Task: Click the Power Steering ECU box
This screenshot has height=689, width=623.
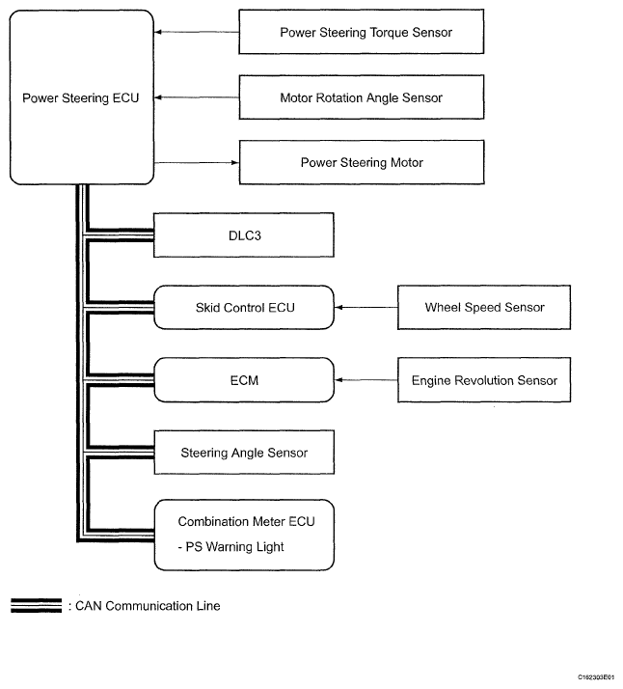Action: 82,97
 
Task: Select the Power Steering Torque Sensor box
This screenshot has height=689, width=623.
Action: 362,32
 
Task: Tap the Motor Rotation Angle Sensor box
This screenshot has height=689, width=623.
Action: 362,97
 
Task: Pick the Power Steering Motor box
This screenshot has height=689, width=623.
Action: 362,162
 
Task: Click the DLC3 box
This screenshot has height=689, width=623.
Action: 244,235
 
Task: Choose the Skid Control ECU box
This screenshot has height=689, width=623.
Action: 244,307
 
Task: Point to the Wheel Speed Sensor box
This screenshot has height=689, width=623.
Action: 484,307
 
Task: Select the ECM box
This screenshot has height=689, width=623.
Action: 244,379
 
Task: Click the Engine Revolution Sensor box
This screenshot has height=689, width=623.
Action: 484,379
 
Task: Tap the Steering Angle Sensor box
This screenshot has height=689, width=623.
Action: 244,453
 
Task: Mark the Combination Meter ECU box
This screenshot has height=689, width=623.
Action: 244,535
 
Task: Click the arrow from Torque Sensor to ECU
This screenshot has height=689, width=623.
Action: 197,32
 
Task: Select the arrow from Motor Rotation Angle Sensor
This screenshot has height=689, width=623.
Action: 197,97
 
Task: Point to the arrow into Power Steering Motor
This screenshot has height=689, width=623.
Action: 197,162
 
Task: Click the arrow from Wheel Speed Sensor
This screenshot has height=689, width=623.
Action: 366,307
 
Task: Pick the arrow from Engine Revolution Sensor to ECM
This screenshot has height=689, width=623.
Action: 366,379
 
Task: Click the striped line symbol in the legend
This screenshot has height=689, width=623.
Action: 37,605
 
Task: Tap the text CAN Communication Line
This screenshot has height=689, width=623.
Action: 148,606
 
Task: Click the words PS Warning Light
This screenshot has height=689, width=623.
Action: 234,546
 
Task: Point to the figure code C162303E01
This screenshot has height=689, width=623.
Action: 596,677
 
